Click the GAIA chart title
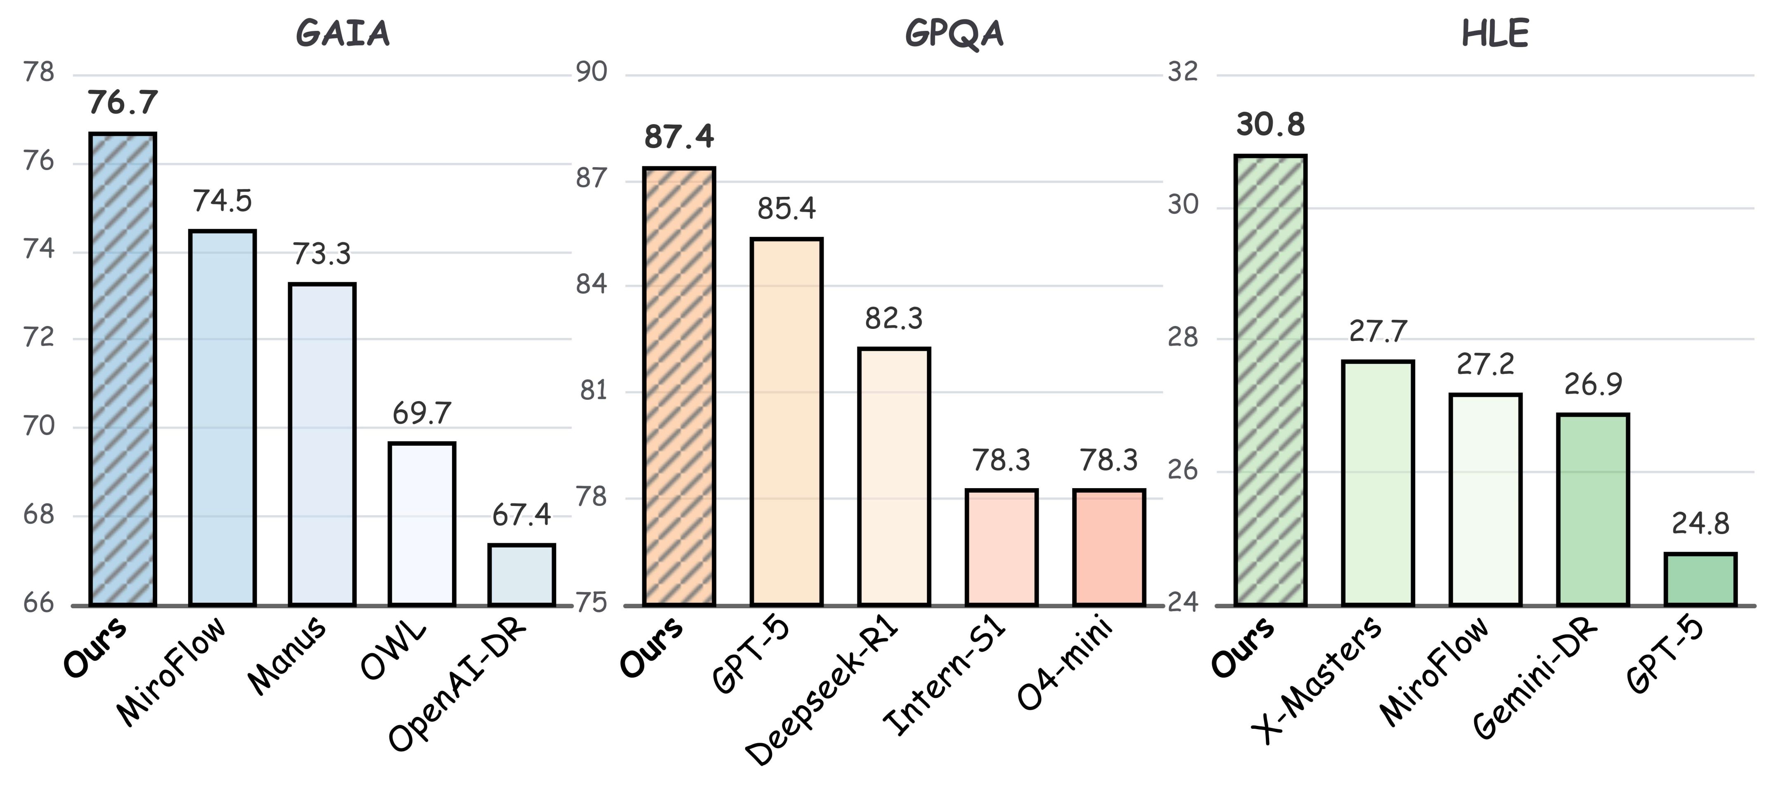pos(343,34)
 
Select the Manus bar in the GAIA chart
pos(322,445)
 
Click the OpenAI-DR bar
pos(521,575)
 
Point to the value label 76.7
pos(123,103)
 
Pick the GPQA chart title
pos(954,34)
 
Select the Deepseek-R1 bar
pos(893,477)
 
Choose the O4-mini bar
pos(1108,548)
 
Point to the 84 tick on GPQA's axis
pos(592,284)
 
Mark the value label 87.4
pos(679,137)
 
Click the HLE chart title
pos(1495,34)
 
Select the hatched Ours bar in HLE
pos(1270,380)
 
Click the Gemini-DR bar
pos(1593,510)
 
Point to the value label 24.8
pos(1700,524)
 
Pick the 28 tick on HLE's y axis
pos(1182,338)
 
